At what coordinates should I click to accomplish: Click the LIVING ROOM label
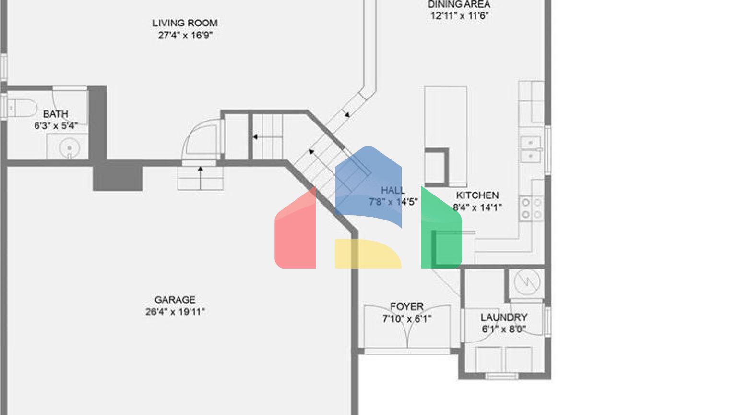click(185, 23)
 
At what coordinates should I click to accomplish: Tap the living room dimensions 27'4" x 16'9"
click(185, 35)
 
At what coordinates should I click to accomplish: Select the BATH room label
click(56, 114)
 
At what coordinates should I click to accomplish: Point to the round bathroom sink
click(70, 147)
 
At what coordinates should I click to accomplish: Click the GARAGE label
click(175, 300)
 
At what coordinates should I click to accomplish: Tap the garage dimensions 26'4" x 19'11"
click(175, 312)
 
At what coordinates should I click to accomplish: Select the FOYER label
click(406, 306)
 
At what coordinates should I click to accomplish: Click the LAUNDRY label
click(504, 317)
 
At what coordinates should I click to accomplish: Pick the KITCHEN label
click(477, 195)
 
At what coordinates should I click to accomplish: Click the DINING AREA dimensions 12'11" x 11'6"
click(459, 16)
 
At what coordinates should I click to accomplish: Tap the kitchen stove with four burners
click(531, 209)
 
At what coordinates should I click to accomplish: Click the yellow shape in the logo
click(367, 253)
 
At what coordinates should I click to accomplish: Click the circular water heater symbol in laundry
click(526, 282)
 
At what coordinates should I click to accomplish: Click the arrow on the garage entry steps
click(201, 170)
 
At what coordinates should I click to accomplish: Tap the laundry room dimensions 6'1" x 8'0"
click(504, 330)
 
